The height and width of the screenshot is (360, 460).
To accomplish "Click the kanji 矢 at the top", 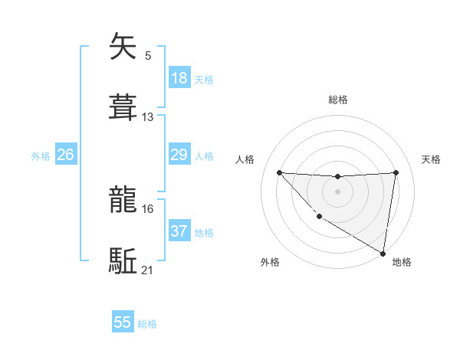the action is (123, 47).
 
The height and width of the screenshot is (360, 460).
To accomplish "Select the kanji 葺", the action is (123, 108).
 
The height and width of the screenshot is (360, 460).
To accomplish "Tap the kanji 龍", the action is (123, 200).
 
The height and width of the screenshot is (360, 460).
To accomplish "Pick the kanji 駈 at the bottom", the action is (123, 261).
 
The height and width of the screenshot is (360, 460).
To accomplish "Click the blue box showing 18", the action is (179, 78).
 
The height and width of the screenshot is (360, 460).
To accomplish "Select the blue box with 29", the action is (179, 155).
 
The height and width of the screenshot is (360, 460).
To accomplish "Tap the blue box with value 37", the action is (179, 231).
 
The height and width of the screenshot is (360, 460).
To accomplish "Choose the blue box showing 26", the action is (66, 155).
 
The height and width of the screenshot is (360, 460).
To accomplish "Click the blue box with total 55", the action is (123, 322).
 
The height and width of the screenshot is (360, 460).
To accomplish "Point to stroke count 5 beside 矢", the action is (148, 55).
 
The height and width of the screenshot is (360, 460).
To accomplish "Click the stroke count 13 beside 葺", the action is (148, 117).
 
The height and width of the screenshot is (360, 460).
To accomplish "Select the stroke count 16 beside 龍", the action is (148, 208).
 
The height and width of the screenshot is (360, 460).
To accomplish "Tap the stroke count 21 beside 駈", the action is (148, 270).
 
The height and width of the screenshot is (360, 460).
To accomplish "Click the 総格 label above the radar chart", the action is (338, 100).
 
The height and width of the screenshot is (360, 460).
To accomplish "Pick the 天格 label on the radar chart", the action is (432, 159).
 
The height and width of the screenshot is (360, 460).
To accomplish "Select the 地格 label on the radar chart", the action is (402, 262).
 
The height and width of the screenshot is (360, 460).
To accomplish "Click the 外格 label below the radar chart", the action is (270, 262).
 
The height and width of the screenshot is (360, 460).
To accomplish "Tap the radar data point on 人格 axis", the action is (279, 172).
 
